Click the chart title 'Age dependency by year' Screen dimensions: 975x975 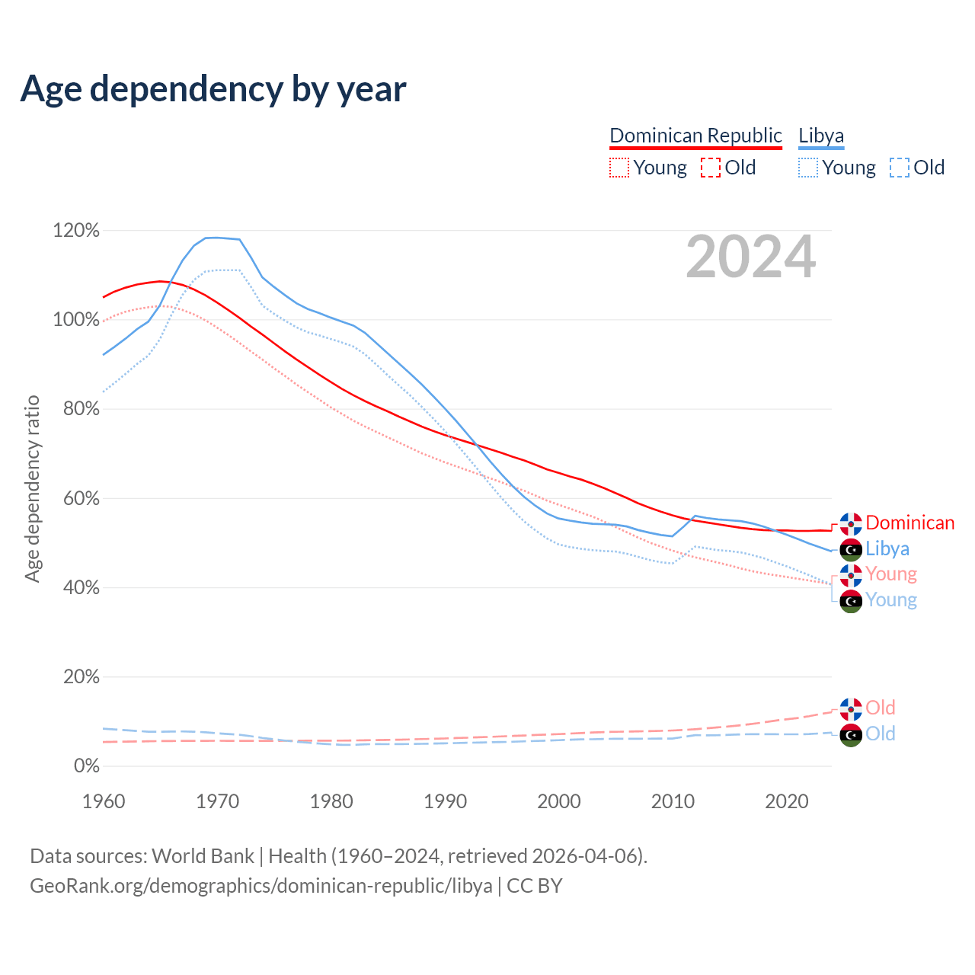[213, 89]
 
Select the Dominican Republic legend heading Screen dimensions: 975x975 [695, 136]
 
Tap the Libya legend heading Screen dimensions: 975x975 [821, 136]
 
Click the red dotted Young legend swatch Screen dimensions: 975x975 [619, 168]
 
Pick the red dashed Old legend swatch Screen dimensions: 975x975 [711, 168]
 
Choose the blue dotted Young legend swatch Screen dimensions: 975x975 [808, 168]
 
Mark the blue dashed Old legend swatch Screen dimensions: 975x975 [900, 168]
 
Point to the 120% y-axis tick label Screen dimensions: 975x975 [76, 230]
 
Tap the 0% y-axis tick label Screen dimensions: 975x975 [86, 766]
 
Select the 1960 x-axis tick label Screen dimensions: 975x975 [104, 801]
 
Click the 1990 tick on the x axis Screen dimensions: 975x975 [446, 801]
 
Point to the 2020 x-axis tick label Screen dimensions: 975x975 [787, 801]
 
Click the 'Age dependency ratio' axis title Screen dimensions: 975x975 [32, 488]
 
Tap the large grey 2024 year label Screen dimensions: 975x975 [750, 257]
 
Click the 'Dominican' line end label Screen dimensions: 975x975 [909, 523]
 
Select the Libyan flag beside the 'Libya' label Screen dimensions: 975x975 [851, 549]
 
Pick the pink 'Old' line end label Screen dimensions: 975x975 [880, 708]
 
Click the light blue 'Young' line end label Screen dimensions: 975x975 [890, 600]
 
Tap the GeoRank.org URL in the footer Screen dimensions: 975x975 [261, 886]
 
